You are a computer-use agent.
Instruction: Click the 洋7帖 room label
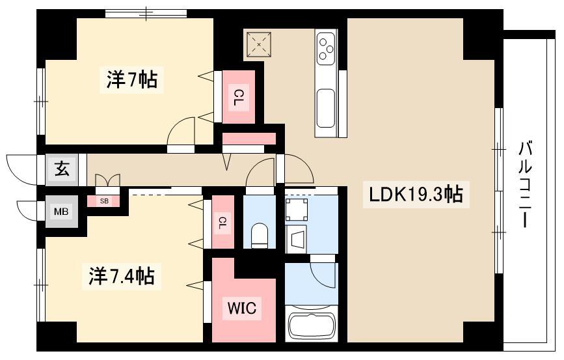pyautogui.click(x=131, y=79)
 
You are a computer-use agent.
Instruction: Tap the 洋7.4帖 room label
pyautogui.click(x=122, y=276)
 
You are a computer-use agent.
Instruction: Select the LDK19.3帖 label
pyautogui.click(x=416, y=195)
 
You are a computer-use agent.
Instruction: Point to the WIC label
pyautogui.click(x=242, y=308)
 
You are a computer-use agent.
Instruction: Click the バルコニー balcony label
pyautogui.click(x=525, y=184)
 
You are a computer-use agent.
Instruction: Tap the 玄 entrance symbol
pyautogui.click(x=62, y=169)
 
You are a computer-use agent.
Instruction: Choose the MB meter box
pyautogui.click(x=61, y=212)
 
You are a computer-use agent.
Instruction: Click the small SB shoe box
pyautogui.click(x=104, y=201)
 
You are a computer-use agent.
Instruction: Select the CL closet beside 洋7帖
pyautogui.click(x=239, y=97)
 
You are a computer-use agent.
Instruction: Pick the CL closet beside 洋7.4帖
pyautogui.click(x=222, y=222)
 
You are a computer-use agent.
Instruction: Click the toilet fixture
pyautogui.click(x=260, y=235)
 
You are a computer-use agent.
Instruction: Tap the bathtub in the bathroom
pyautogui.click(x=312, y=327)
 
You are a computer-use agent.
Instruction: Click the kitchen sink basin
pyautogui.click(x=326, y=108)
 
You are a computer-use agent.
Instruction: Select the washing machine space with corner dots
pyautogui.click(x=297, y=209)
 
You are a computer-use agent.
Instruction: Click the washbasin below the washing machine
pyautogui.click(x=297, y=239)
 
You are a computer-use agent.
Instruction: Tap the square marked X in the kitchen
pyautogui.click(x=259, y=45)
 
